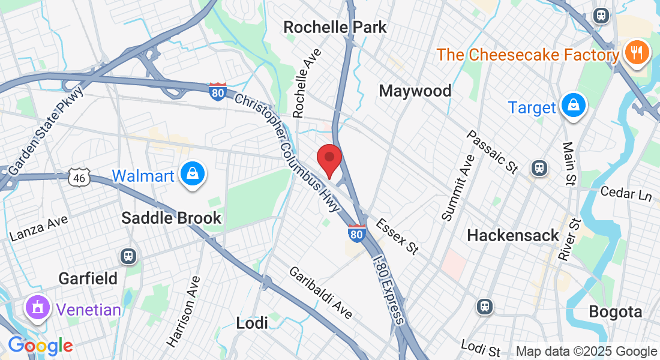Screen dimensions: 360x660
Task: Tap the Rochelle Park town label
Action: pos(335,28)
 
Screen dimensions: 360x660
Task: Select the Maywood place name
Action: pos(415,91)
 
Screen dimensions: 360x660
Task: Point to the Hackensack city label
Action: pos(513,235)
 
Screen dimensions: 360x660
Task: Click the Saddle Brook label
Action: pos(172,218)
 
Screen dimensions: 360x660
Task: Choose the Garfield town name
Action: pos(88,278)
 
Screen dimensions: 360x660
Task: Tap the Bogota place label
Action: pos(616,312)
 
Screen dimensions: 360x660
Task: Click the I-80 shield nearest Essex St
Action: pos(356,233)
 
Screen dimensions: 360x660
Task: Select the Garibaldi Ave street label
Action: pos(320,293)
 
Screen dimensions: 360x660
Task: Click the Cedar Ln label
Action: pos(627,195)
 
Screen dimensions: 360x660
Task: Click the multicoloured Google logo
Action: pos(40,346)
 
